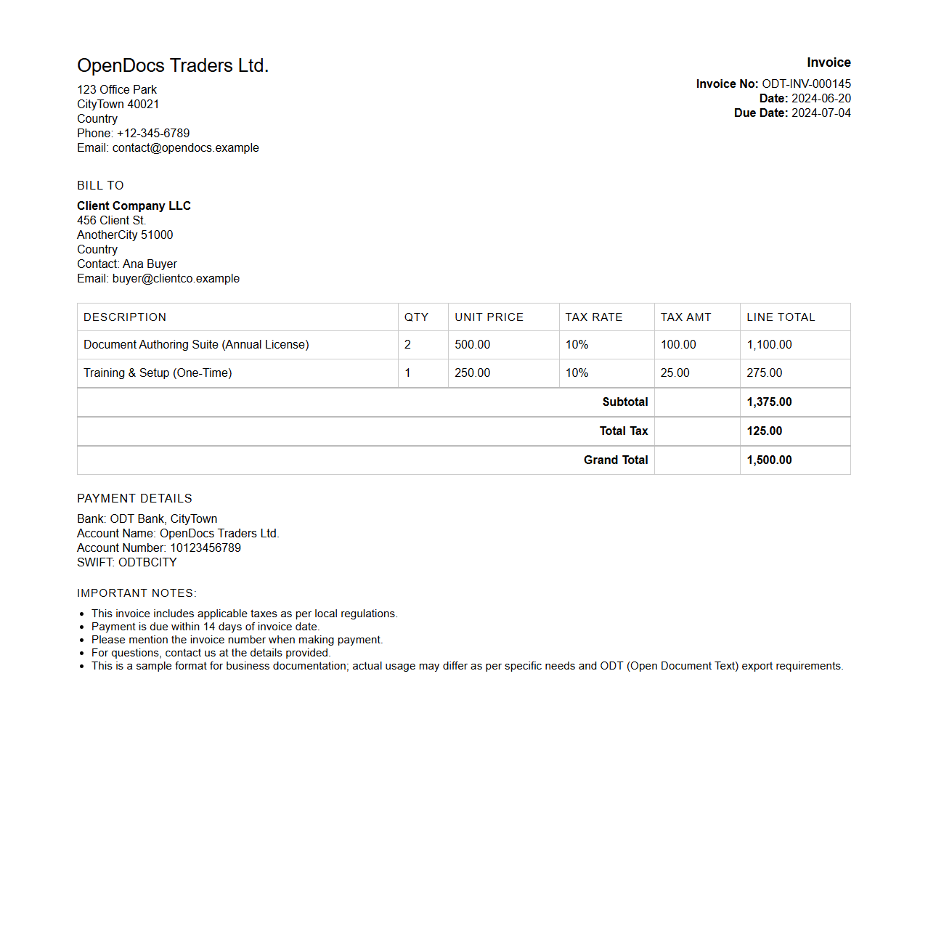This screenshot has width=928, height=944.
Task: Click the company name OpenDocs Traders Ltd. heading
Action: click(x=173, y=66)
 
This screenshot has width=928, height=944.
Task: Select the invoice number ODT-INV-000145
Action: click(x=806, y=84)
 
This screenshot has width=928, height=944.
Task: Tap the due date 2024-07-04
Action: click(x=821, y=113)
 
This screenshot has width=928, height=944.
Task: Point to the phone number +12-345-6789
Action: click(x=152, y=134)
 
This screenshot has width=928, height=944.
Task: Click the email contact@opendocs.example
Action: click(x=185, y=148)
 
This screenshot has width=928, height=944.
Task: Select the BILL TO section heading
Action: click(x=100, y=186)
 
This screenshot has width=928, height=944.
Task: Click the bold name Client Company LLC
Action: click(x=134, y=206)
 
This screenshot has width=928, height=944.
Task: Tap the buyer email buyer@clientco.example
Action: click(x=176, y=279)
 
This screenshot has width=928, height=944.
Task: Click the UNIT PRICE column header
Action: click(x=489, y=317)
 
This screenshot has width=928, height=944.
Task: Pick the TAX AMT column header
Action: click(x=685, y=317)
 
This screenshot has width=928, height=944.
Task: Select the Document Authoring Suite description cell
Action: click(x=196, y=345)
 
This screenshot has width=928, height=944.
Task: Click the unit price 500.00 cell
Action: click(x=472, y=345)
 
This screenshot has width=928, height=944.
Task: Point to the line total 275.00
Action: click(x=764, y=373)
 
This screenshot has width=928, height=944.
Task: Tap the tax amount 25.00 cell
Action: click(x=675, y=373)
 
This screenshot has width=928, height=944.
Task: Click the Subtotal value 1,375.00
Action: click(x=769, y=402)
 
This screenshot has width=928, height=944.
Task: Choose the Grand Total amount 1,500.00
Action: click(x=769, y=460)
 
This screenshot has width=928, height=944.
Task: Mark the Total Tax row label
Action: click(x=623, y=431)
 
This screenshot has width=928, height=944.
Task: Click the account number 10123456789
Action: click(x=205, y=548)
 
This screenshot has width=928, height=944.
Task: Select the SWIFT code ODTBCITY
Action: click(x=147, y=563)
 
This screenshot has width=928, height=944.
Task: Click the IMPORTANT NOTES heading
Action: click(x=137, y=593)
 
